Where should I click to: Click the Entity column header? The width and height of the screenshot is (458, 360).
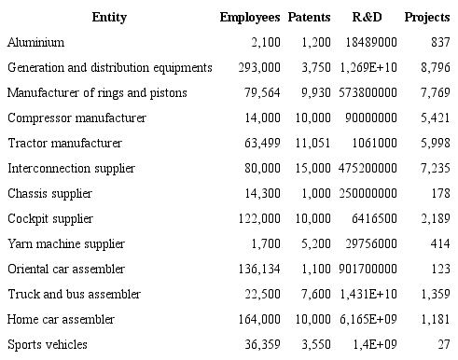pyautogui.click(x=109, y=18)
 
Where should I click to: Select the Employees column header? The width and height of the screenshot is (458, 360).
pyautogui.click(x=250, y=18)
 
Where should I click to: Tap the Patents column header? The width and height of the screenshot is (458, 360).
pyautogui.click(x=309, y=18)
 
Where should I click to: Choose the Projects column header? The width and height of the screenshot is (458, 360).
pyautogui.click(x=427, y=18)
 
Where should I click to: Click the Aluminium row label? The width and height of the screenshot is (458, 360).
pyautogui.click(x=35, y=43)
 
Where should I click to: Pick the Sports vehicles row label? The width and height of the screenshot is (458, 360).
pyautogui.click(x=48, y=345)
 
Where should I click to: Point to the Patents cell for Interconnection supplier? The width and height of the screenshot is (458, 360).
pyautogui.click(x=311, y=169)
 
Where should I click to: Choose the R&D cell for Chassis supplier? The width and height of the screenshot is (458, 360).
pyautogui.click(x=365, y=194)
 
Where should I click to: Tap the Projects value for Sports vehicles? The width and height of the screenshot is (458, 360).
pyautogui.click(x=444, y=345)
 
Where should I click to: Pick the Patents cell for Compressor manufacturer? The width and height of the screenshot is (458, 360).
pyautogui.click(x=311, y=118)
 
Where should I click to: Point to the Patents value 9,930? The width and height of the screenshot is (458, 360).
pyautogui.click(x=313, y=93)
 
